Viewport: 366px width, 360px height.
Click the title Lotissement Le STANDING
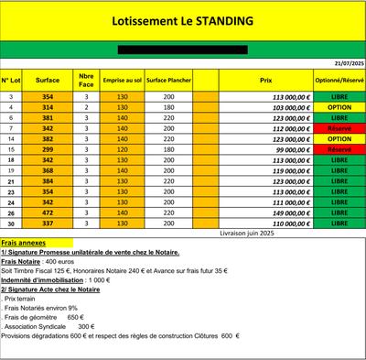(182, 19)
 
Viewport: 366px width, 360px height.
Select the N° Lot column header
(11, 81)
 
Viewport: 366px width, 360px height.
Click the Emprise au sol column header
(122, 81)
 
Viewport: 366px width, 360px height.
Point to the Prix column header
(266, 81)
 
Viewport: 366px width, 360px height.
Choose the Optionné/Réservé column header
(339, 81)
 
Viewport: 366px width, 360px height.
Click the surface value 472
(48, 213)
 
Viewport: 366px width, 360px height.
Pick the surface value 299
(48, 149)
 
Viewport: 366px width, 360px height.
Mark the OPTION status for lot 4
(339, 107)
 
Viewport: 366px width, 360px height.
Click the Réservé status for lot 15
(339, 149)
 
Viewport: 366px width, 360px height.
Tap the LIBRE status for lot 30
(339, 223)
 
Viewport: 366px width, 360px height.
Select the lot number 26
(11, 213)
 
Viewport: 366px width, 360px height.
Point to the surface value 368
(48, 170)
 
